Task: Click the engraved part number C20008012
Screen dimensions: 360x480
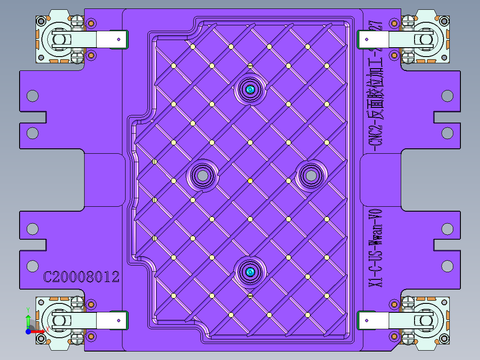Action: pos(81,277)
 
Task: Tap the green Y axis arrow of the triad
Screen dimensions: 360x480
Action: pos(28,319)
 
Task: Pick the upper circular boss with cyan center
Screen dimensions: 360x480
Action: pos(250,90)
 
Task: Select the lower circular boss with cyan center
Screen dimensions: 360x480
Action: pos(250,272)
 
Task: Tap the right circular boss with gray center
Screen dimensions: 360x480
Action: pos(311,176)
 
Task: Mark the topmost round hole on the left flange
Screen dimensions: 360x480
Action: pos(33,95)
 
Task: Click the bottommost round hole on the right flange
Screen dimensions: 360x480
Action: pos(447,266)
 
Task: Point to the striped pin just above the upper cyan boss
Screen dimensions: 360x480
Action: pos(250,66)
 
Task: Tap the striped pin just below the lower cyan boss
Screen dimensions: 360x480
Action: pos(250,295)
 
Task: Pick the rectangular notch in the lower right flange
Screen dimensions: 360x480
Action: pos(447,245)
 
